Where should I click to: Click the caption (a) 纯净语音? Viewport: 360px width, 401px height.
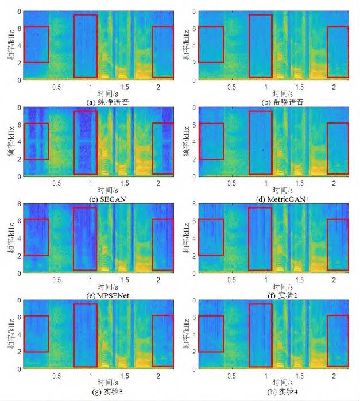(x=97, y=101)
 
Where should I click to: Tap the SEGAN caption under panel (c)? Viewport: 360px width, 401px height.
(x=96, y=198)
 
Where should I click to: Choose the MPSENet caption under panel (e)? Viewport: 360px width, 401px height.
(x=96, y=295)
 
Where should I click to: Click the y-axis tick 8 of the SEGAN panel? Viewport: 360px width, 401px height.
(x=20, y=107)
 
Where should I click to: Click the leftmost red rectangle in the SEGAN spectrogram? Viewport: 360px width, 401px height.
(x=37, y=141)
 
